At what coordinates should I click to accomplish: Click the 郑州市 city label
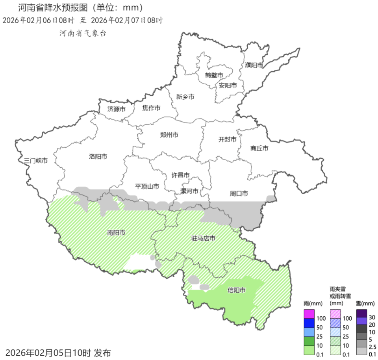[169, 135]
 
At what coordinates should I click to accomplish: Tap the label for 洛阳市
[98, 156]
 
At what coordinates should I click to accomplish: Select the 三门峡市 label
[36, 161]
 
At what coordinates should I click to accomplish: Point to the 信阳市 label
[237, 290]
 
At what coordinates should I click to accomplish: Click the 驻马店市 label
[203, 239]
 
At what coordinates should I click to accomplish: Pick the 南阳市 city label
[116, 233]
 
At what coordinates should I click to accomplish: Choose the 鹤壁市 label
[214, 75]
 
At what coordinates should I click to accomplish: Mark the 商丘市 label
[259, 148]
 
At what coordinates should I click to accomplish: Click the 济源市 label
[117, 109]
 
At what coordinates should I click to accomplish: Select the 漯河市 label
[189, 191]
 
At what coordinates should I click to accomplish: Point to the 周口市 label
[239, 193]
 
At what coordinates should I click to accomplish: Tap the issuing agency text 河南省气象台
[83, 33]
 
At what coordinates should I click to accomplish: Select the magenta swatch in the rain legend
[309, 314]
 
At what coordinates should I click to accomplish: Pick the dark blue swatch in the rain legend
[309, 323]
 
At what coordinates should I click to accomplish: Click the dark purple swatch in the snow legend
[361, 314]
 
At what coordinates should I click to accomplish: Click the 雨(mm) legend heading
[313, 304]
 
